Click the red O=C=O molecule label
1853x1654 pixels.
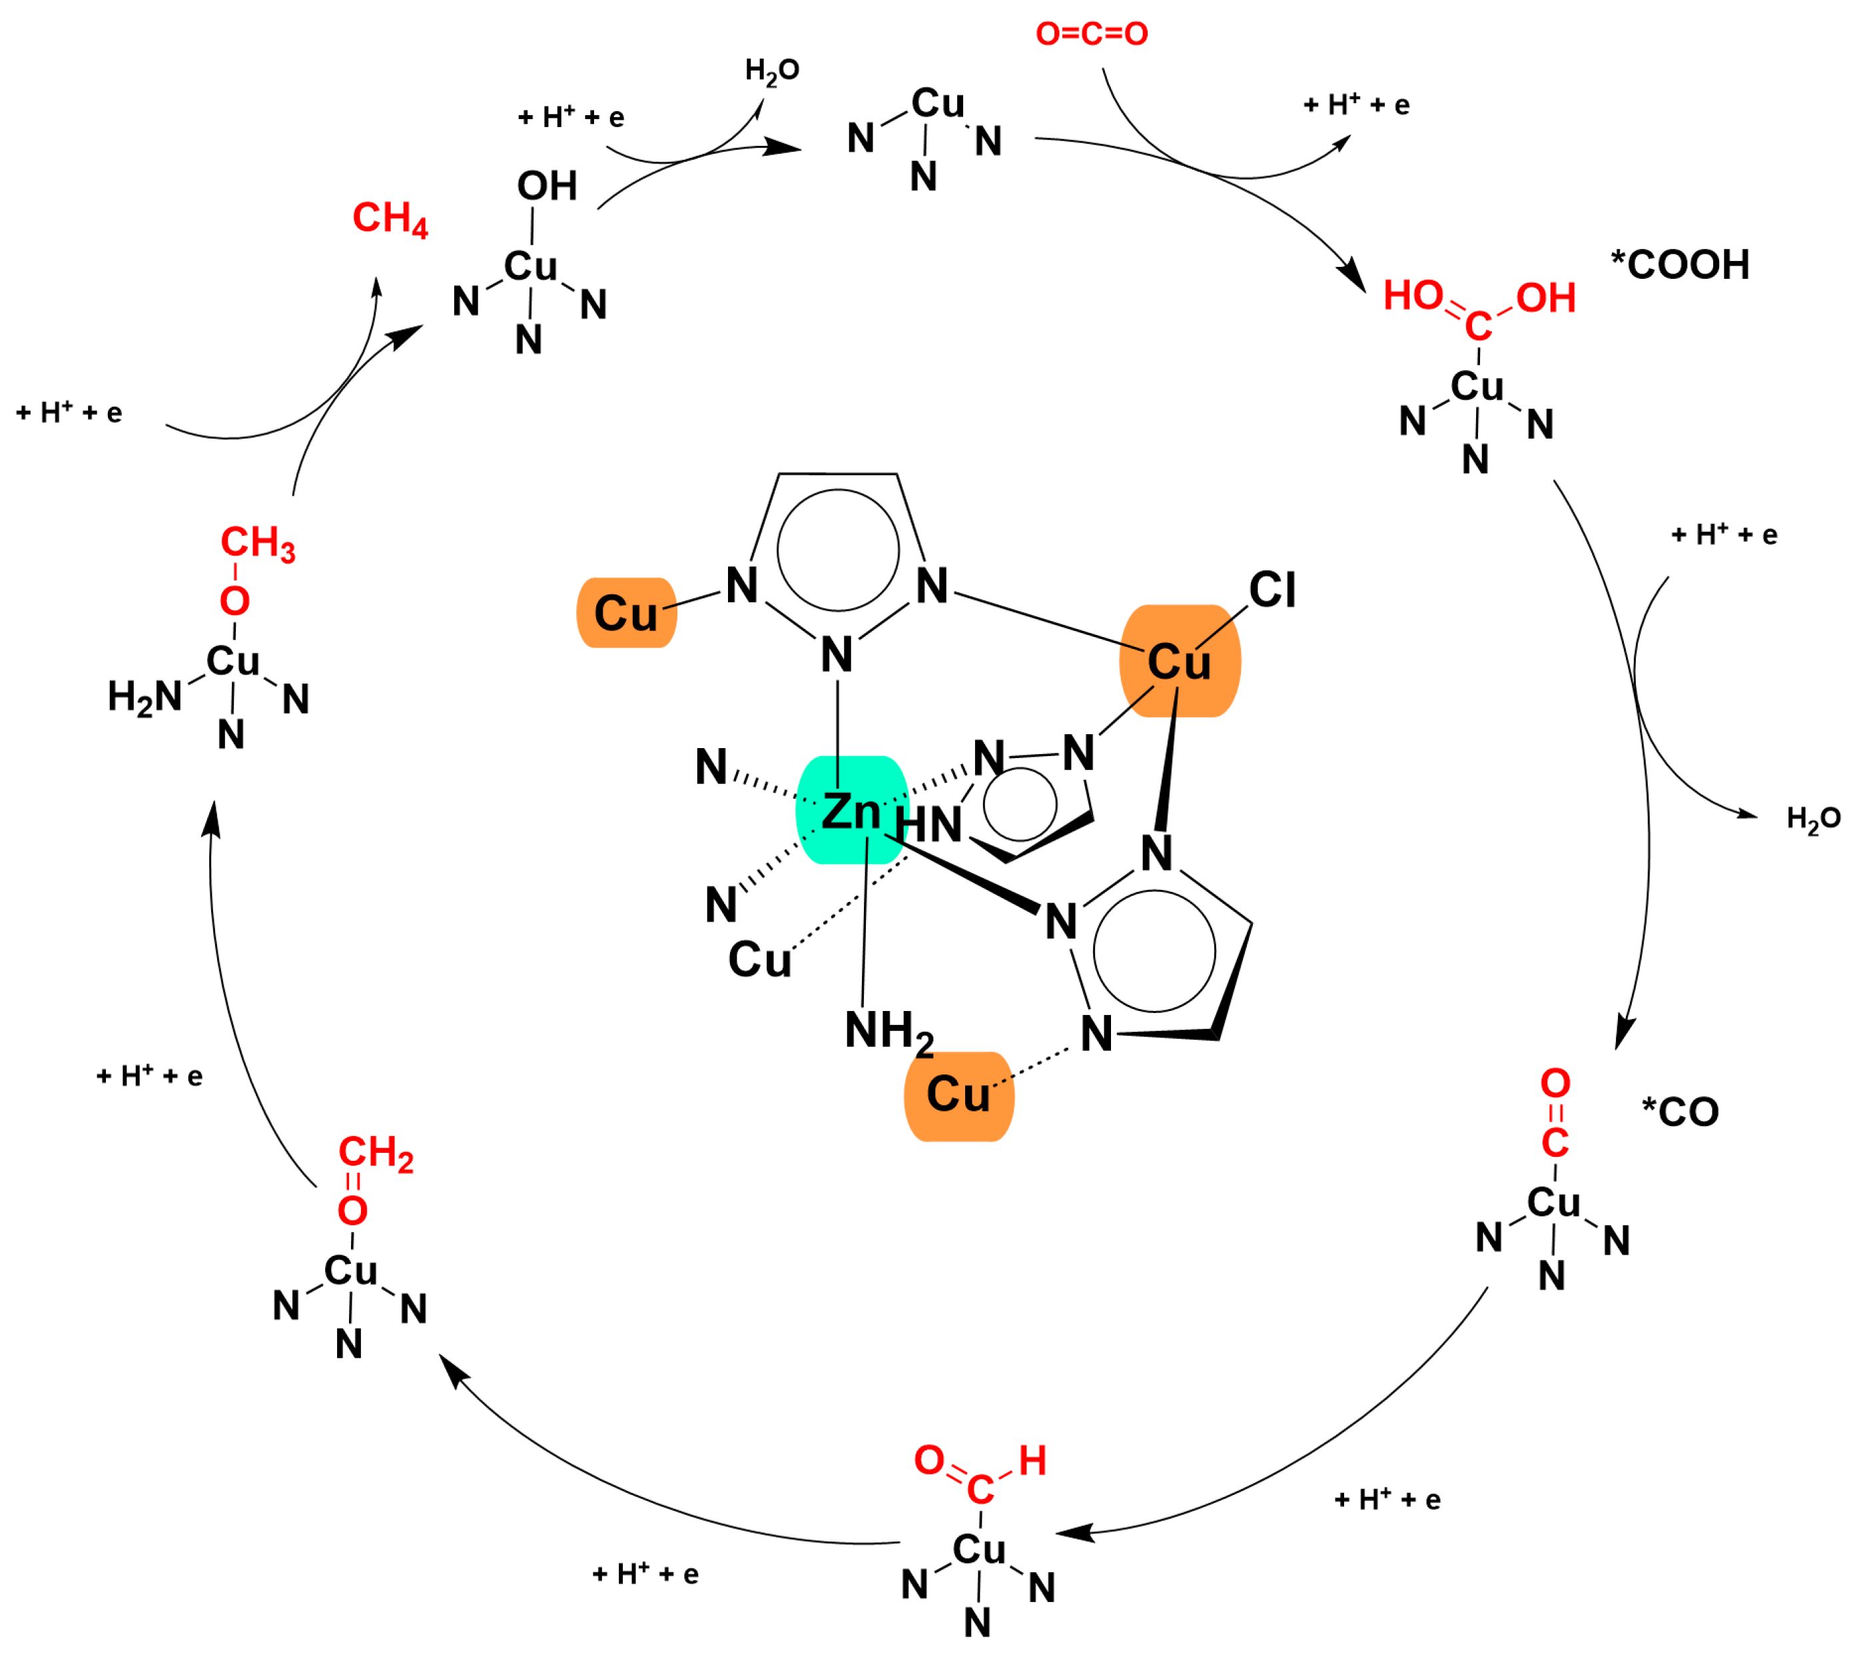1091,34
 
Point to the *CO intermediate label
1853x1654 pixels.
1680,1112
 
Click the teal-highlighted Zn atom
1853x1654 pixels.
851,811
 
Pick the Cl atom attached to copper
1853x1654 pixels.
1272,590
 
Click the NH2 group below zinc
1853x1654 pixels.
889,1032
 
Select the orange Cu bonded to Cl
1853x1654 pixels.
1179,662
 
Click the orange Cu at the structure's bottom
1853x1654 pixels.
958,1094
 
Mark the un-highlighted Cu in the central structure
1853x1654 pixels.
759,960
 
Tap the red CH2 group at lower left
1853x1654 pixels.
376,1153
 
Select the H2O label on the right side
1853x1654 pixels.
1813,819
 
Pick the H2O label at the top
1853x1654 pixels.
772,71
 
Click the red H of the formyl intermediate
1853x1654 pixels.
1032,1462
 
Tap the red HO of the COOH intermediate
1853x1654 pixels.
1413,296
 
